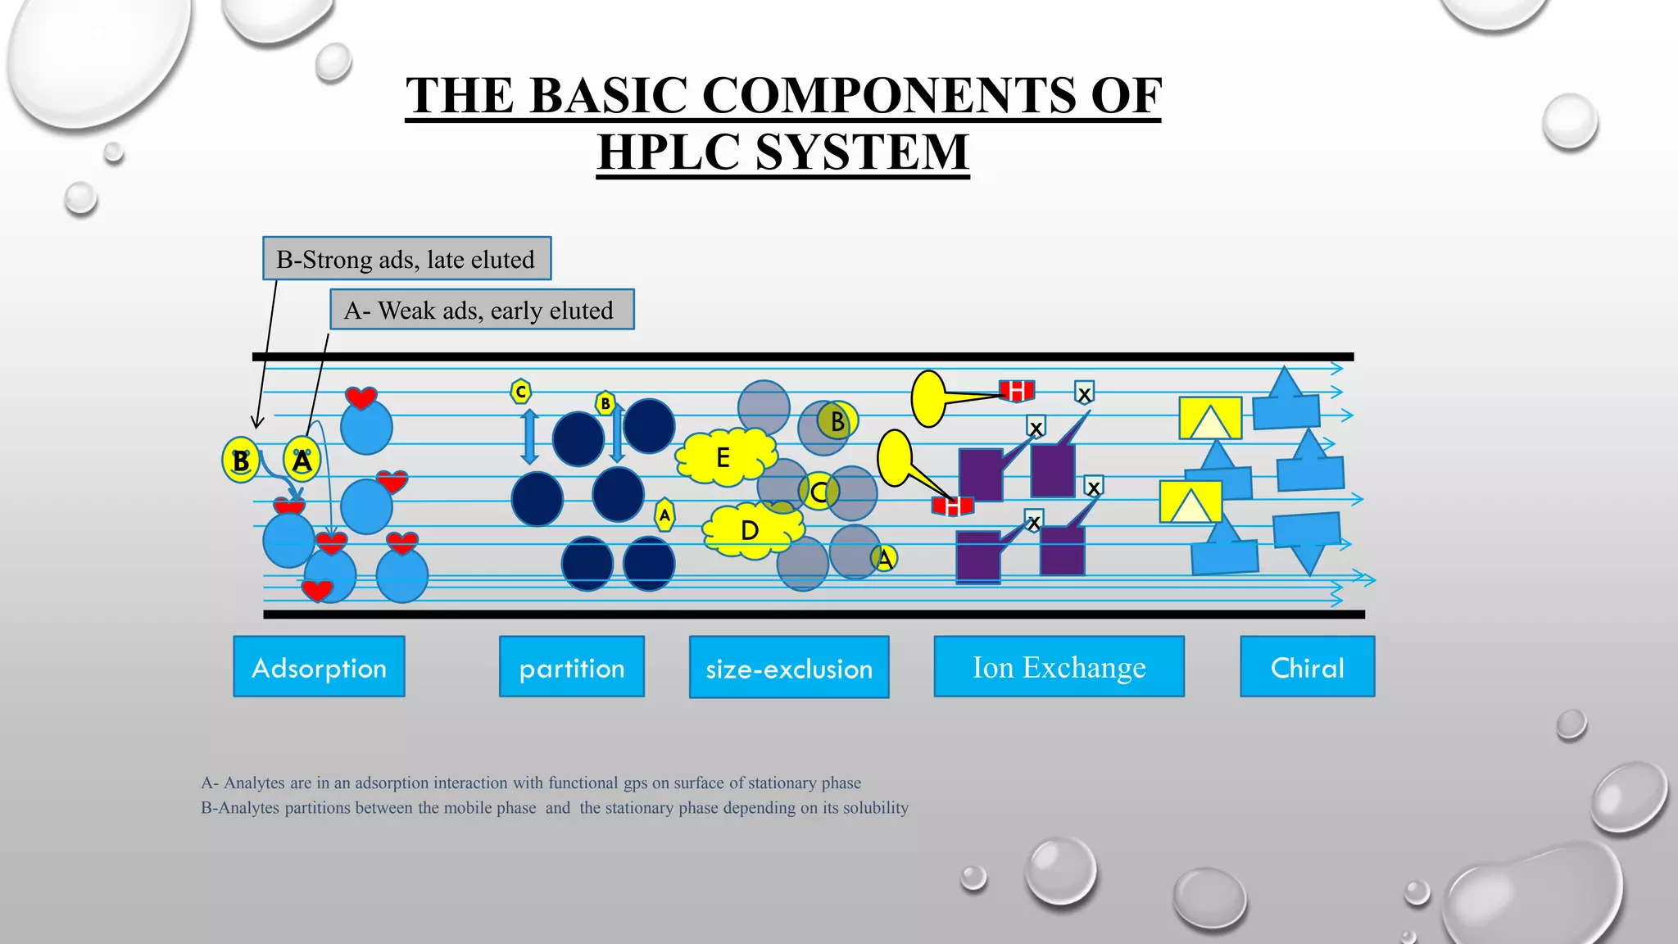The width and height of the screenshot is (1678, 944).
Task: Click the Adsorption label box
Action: coord(319,667)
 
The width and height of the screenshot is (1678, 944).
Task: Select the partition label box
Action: coord(572,667)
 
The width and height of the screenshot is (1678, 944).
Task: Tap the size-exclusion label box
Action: coord(789,668)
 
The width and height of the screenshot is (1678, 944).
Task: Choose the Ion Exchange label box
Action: coord(1059,667)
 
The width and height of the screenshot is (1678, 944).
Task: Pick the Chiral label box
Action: coord(1307,667)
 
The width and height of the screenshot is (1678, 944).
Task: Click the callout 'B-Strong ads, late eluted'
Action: coord(406,259)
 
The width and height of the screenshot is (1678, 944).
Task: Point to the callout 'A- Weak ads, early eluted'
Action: coord(482,310)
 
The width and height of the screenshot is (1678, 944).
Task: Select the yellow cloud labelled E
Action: coord(724,456)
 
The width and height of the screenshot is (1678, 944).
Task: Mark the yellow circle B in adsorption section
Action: coord(241,461)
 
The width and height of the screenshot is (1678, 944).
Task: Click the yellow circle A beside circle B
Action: coord(302,461)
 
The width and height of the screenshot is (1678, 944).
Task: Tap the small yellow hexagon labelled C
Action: coord(520,392)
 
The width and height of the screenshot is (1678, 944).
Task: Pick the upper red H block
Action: coord(1017,391)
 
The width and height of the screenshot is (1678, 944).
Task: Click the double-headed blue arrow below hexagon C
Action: coord(530,437)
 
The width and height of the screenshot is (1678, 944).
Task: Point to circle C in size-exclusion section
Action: coord(819,492)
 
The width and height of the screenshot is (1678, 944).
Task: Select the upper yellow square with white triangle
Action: coord(1210,418)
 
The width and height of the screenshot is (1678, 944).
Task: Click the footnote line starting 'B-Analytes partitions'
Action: coord(555,808)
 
